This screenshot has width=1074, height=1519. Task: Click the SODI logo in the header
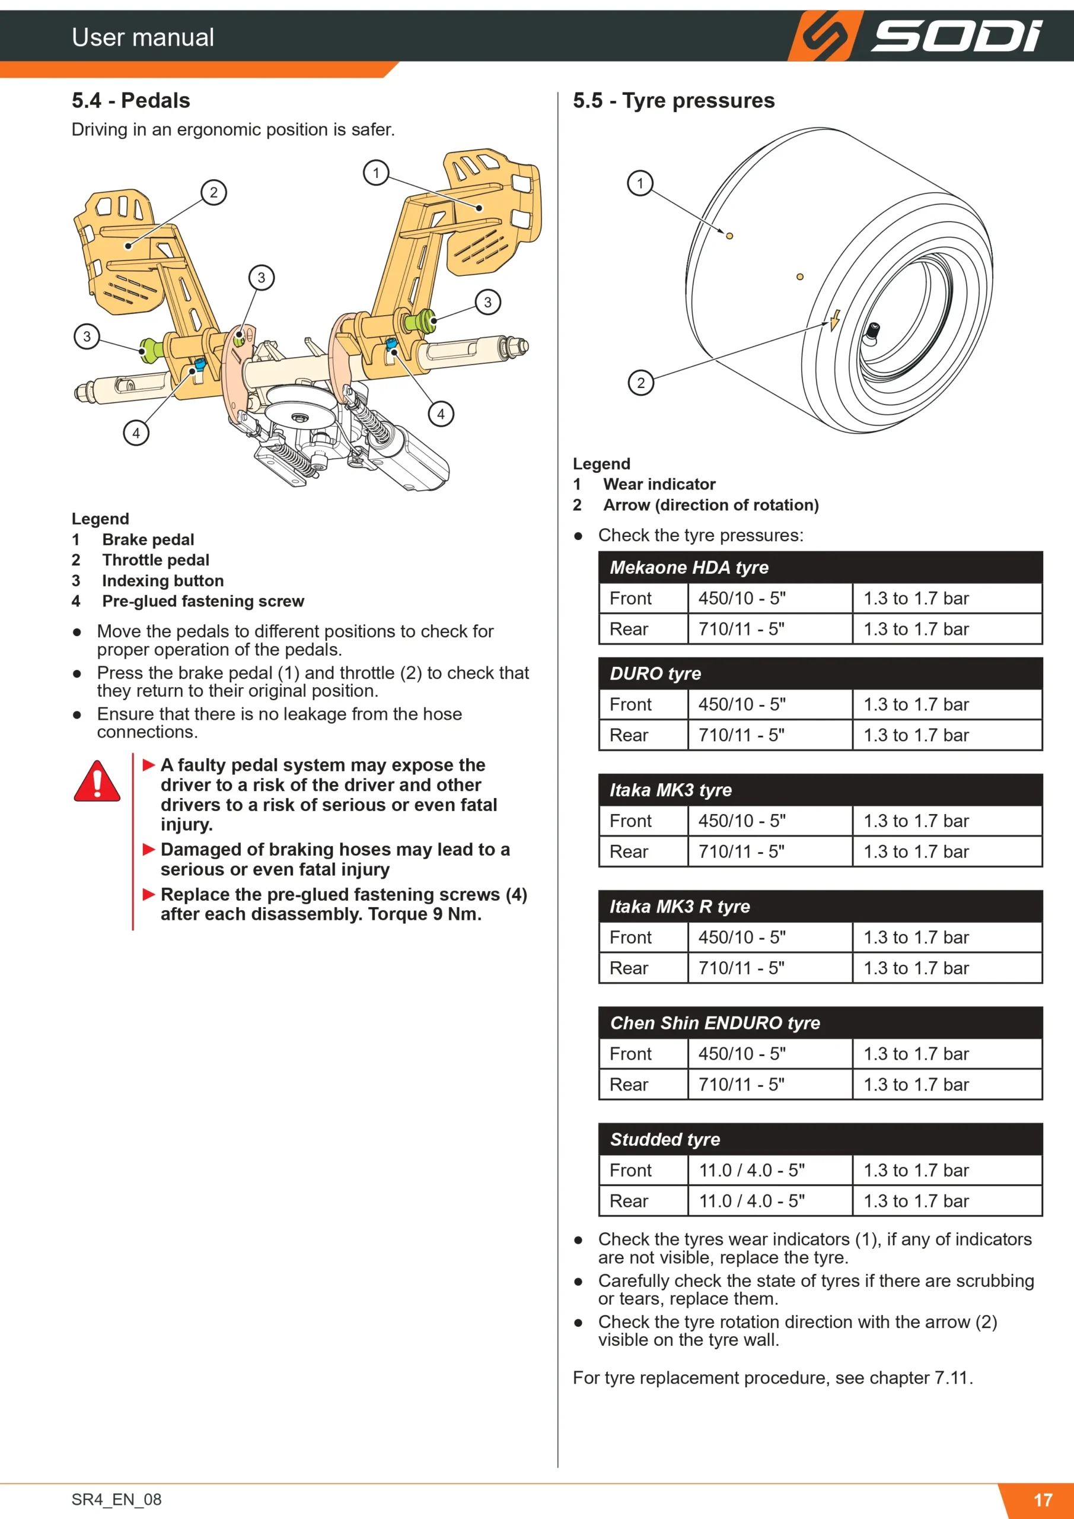click(x=916, y=36)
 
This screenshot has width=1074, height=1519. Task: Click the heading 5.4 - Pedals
click(x=131, y=100)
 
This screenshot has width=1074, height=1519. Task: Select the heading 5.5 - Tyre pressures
click(x=673, y=100)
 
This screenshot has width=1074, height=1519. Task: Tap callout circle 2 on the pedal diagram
click(x=213, y=192)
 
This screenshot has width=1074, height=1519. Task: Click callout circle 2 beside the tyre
click(x=640, y=382)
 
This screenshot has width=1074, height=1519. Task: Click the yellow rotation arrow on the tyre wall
click(x=834, y=320)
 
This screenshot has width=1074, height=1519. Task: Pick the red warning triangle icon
click(x=97, y=782)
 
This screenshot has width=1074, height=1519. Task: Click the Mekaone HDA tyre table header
click(x=820, y=568)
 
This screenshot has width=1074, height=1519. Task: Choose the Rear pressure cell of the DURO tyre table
click(x=947, y=735)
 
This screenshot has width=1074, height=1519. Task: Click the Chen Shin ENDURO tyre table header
click(x=820, y=1023)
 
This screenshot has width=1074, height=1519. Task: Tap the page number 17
click(x=1043, y=1500)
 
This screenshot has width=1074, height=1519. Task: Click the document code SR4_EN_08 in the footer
click(x=116, y=1499)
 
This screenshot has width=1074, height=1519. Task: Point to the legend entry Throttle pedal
click(x=155, y=560)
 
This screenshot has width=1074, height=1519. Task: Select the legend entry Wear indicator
click(x=659, y=484)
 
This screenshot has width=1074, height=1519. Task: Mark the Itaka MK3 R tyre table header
click(x=820, y=907)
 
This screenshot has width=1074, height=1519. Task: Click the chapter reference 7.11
click(x=953, y=1378)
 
